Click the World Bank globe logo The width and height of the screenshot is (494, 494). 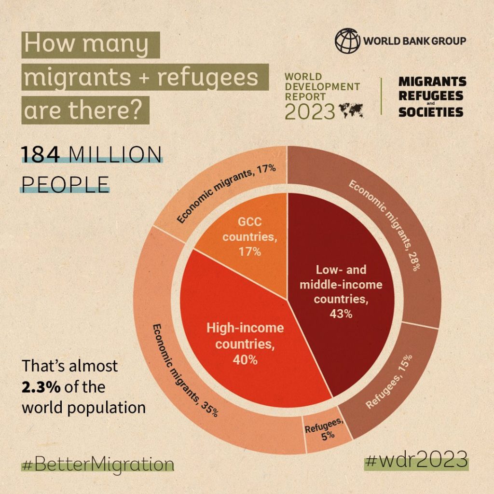point(348,40)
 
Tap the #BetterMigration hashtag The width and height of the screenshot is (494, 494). point(97,465)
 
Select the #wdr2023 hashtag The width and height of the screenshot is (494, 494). point(417,459)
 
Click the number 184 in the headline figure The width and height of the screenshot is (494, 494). point(40,156)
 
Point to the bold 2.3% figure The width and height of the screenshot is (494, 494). point(40,387)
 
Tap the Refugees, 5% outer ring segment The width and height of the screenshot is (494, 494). point(326,432)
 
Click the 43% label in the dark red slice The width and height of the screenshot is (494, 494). point(341,313)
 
